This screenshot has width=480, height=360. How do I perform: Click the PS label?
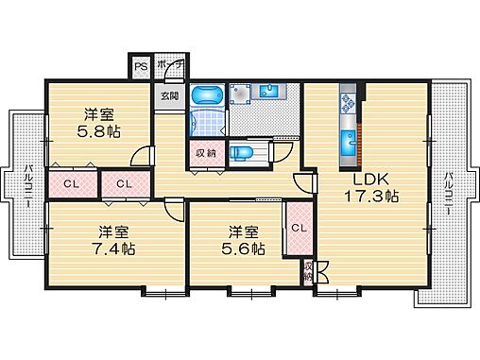point(140,67)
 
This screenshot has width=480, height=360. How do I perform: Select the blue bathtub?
point(205,94)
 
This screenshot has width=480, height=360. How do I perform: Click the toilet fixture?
point(244,152)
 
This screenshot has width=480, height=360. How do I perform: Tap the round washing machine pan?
point(238,94)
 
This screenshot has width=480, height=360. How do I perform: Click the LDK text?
point(371,180)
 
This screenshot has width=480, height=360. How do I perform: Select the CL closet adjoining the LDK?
point(297,228)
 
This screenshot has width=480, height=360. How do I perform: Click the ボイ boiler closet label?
point(165,67)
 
